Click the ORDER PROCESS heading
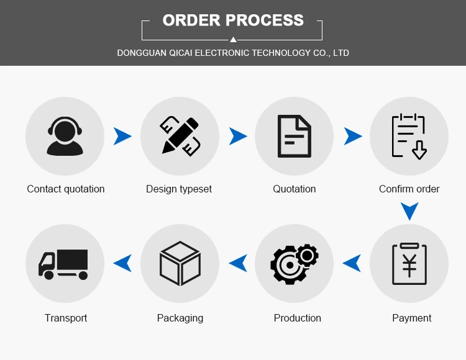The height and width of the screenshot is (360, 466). tap(233, 20)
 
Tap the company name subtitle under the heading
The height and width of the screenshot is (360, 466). tap(233, 53)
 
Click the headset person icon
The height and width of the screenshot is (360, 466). tap(65, 137)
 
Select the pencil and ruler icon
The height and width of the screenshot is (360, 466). tap(180, 136)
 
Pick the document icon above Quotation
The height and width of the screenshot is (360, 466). tap(295, 136)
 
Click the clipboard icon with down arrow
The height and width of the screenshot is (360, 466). tap(409, 136)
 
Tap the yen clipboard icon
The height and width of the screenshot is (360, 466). tap(409, 264)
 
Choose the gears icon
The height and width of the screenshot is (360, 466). tap(295, 264)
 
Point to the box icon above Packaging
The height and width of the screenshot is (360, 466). tap(180, 264)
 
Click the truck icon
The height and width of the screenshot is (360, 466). tap(64, 264)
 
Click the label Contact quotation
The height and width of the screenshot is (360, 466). tap(66, 189)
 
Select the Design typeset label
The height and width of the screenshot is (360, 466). tap(179, 189)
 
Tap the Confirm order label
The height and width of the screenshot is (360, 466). tap(409, 189)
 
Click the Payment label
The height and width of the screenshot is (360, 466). tap(412, 318)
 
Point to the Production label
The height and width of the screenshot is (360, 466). tap(298, 318)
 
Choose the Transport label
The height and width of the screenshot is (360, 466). tap(66, 318)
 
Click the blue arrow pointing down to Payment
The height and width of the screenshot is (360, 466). tap(409, 212)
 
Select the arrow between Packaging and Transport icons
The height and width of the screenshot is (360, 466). tap(123, 263)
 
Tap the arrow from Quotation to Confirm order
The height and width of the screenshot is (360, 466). tap(353, 136)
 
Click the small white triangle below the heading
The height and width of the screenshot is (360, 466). tap(233, 39)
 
